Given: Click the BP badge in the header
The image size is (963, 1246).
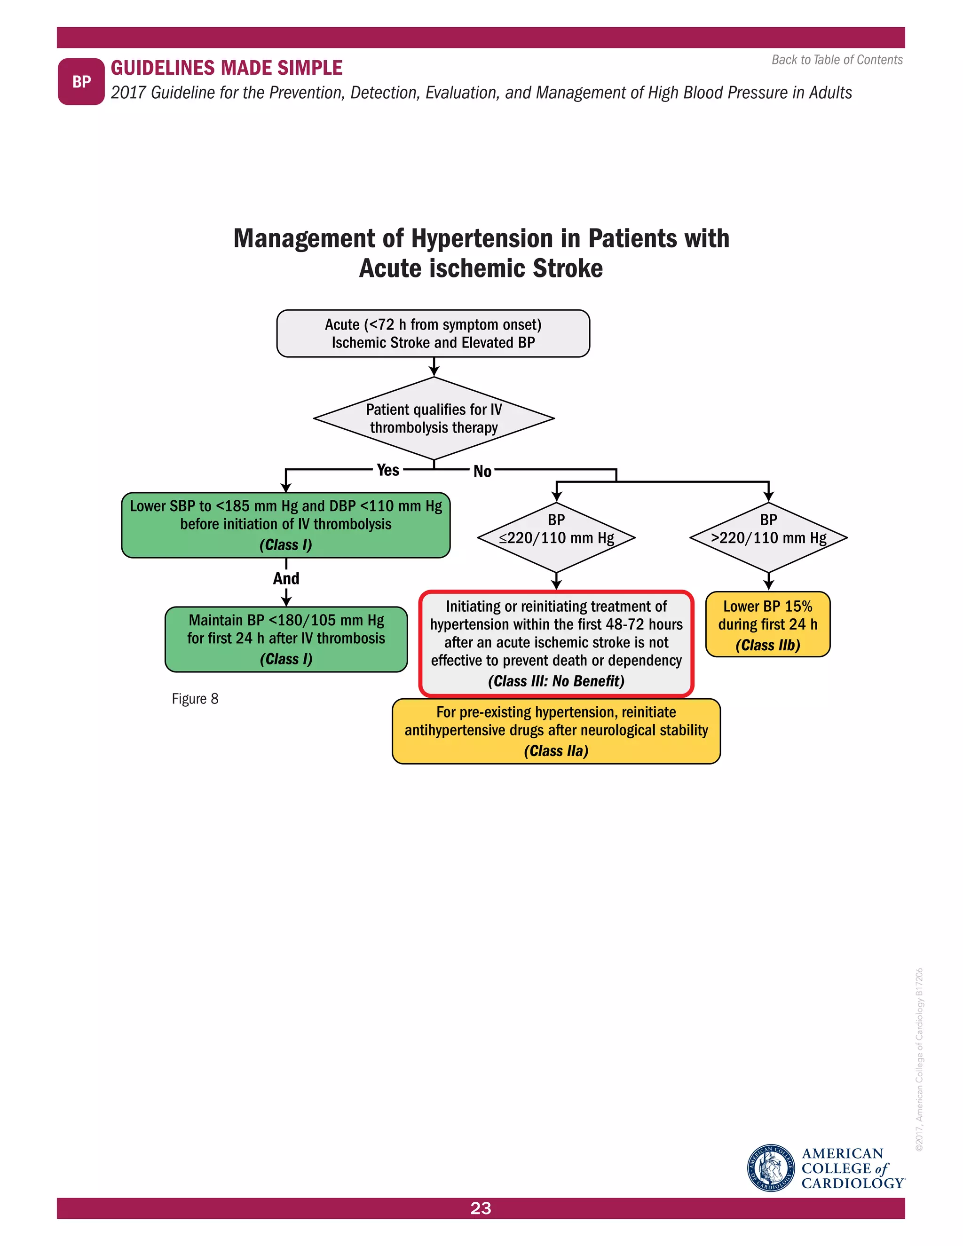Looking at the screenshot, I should pos(81,82).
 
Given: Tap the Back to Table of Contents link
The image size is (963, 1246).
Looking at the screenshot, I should pos(837,60).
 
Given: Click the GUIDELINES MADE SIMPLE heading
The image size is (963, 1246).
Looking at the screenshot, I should pos(227,68).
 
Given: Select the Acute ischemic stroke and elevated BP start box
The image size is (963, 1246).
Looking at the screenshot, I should pos(433,334).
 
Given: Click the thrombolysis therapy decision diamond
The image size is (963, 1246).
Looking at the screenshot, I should pos(434,418).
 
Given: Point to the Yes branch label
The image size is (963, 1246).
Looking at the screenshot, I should pos(388,470).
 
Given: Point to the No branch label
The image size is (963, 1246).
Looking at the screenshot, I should pos(482,471).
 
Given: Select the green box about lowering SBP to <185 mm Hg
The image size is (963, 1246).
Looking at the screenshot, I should pos(286,525).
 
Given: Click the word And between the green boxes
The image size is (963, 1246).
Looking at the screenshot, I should pos(286,578).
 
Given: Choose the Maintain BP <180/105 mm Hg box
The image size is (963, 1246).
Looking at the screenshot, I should pos(286,639).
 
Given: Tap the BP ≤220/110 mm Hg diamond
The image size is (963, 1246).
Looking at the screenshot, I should pos(556,537).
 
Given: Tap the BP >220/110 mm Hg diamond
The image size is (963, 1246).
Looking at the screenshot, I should pos(768,537).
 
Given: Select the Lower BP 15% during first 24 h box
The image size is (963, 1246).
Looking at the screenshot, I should pos(767,624).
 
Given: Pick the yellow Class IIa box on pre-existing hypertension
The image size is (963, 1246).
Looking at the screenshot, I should pos(556,731).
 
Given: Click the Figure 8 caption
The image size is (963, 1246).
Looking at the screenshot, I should pos(195,699).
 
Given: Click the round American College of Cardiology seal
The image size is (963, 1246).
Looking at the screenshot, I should pos(771,1168).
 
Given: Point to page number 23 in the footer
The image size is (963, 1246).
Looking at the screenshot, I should pos(481,1208).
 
